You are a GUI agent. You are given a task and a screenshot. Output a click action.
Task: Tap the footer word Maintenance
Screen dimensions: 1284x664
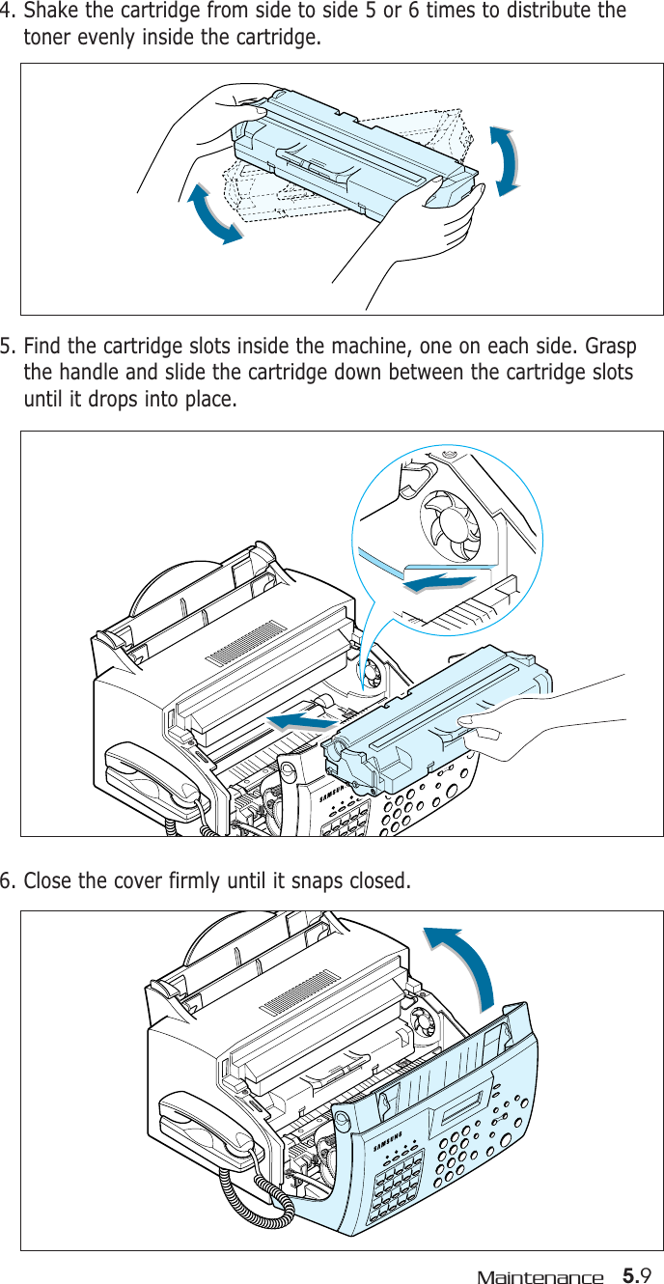point(539,1277)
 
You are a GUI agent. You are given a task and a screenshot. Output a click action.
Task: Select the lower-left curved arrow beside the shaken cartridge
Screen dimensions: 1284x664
point(214,214)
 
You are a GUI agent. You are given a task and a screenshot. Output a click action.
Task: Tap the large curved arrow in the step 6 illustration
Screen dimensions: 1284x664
point(469,965)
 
